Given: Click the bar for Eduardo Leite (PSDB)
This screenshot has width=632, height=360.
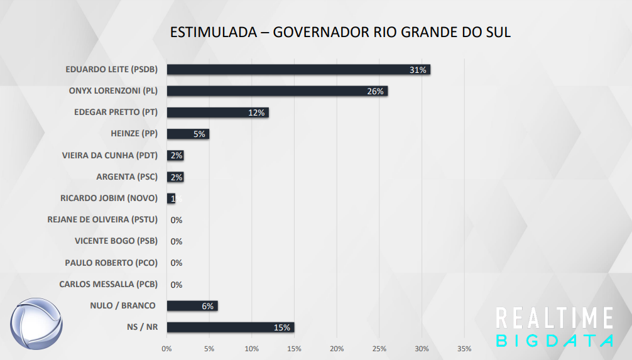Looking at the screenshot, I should [298, 70].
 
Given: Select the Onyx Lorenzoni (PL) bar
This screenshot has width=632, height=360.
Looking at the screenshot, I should [277, 91].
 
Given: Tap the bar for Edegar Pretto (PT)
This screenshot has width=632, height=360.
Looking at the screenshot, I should [217, 112].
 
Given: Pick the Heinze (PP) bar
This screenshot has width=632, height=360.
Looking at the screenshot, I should [188, 134].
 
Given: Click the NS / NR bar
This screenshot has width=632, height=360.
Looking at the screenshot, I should [230, 327].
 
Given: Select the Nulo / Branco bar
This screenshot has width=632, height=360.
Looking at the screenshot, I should [192, 306].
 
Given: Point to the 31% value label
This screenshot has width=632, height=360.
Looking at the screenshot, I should [418, 70].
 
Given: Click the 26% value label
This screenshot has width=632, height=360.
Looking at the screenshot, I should [375, 91].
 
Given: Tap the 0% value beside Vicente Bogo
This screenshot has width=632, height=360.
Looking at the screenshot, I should [176, 241].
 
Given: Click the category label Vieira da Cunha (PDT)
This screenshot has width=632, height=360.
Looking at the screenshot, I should [110, 155].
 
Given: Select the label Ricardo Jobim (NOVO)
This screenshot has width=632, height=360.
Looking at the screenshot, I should [109, 198].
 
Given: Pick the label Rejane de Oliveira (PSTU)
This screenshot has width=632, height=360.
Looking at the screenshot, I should [102, 219].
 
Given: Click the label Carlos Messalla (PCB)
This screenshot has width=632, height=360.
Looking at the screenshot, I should [108, 284].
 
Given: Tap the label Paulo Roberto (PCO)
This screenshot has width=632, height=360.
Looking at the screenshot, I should [111, 263].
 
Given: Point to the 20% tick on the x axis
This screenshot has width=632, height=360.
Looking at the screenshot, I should [337, 348].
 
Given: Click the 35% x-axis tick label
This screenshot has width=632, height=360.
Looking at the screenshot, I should [464, 348].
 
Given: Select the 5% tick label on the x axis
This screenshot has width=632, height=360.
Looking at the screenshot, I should [209, 348].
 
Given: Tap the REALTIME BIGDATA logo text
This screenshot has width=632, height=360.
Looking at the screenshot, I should [554, 327].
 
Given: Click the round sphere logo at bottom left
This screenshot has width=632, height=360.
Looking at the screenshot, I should [36, 325].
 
